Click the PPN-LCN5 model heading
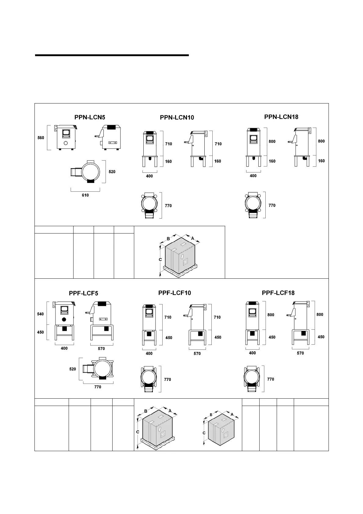(90, 117)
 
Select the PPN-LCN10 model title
(177, 118)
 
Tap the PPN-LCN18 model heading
(281, 117)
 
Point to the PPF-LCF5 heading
(84, 293)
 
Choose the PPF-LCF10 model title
(174, 293)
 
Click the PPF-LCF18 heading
(278, 293)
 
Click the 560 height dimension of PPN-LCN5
(41, 138)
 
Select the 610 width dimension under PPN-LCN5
(85, 195)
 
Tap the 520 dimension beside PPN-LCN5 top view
(112, 172)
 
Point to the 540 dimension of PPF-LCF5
(40, 314)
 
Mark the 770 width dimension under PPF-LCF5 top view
(98, 387)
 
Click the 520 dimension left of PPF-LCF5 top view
(73, 369)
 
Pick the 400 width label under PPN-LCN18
(253, 176)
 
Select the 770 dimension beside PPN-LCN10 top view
(168, 206)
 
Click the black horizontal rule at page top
(112, 55)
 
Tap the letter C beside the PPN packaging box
(160, 259)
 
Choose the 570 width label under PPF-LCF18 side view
(300, 353)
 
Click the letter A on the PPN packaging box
(192, 238)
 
